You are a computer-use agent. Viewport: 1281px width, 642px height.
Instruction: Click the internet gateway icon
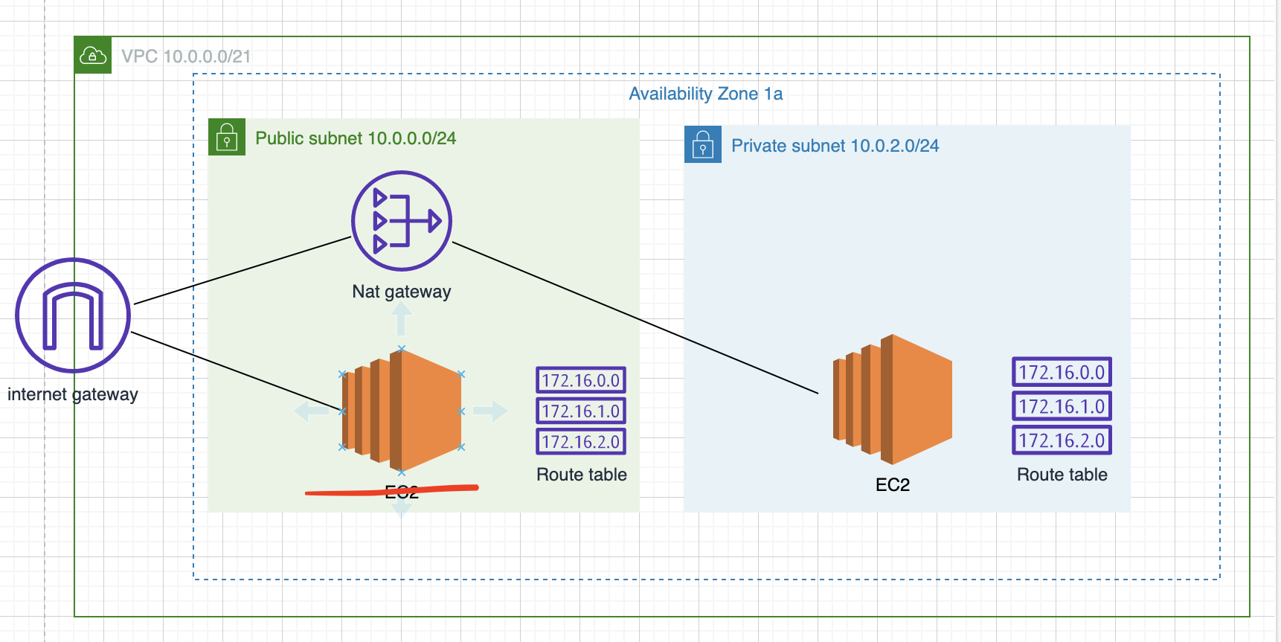(73, 315)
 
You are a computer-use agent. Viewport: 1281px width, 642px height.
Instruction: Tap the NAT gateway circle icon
(402, 221)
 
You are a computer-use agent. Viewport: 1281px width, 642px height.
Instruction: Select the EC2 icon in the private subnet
(892, 399)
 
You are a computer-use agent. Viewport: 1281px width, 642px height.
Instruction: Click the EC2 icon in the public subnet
(402, 410)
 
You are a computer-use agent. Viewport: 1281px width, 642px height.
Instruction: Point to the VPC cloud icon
(93, 55)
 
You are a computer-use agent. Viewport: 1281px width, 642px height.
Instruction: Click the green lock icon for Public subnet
(227, 137)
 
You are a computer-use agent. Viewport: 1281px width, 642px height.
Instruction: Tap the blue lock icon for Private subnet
(703, 144)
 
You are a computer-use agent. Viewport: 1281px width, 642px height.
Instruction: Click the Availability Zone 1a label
(705, 94)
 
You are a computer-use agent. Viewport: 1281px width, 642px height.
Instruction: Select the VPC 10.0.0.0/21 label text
(186, 57)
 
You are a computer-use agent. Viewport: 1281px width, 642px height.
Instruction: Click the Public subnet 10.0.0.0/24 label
(356, 138)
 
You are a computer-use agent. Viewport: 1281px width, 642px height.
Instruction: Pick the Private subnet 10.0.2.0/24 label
(835, 146)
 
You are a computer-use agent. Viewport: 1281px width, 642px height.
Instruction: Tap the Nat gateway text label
(402, 292)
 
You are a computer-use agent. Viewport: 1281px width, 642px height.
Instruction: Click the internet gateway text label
(73, 394)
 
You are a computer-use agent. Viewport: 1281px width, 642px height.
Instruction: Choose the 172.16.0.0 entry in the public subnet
(581, 380)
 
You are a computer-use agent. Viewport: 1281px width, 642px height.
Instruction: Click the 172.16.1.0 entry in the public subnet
(581, 411)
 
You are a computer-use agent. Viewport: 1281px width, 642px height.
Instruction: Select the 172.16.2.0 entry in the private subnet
(1062, 440)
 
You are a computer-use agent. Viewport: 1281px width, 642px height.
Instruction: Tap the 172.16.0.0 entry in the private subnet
(1062, 372)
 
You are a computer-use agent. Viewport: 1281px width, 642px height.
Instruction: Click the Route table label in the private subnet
(1062, 475)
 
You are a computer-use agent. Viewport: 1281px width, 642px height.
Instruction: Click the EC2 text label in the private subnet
(893, 485)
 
